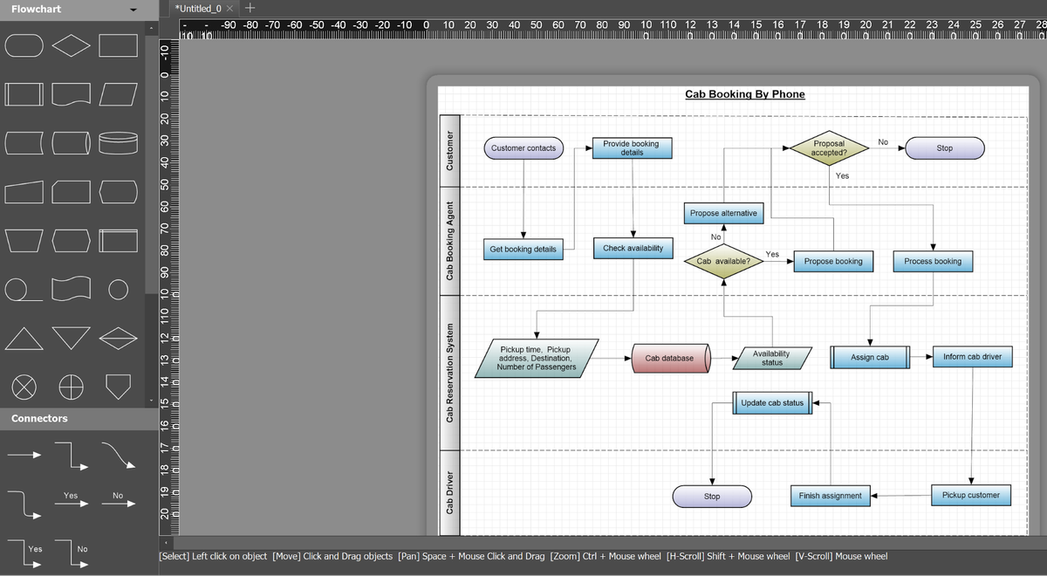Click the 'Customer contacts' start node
(x=523, y=148)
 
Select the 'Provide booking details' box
(x=632, y=148)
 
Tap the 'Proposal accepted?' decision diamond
(x=828, y=147)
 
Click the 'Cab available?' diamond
(x=723, y=261)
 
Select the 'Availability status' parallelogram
(x=771, y=358)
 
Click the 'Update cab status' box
(x=771, y=403)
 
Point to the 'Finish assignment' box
(x=830, y=496)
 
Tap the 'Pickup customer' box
(x=970, y=495)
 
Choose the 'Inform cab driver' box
(x=972, y=357)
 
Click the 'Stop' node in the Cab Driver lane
(x=712, y=496)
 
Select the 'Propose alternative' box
(x=723, y=213)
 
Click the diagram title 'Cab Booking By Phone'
(x=744, y=94)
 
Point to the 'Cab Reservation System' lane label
(x=449, y=373)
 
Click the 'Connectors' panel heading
(x=39, y=419)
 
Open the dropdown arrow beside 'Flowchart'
(x=133, y=10)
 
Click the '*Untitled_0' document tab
(x=199, y=8)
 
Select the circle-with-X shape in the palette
(x=24, y=384)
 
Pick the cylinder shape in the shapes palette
(x=118, y=141)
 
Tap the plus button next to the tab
(x=250, y=8)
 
